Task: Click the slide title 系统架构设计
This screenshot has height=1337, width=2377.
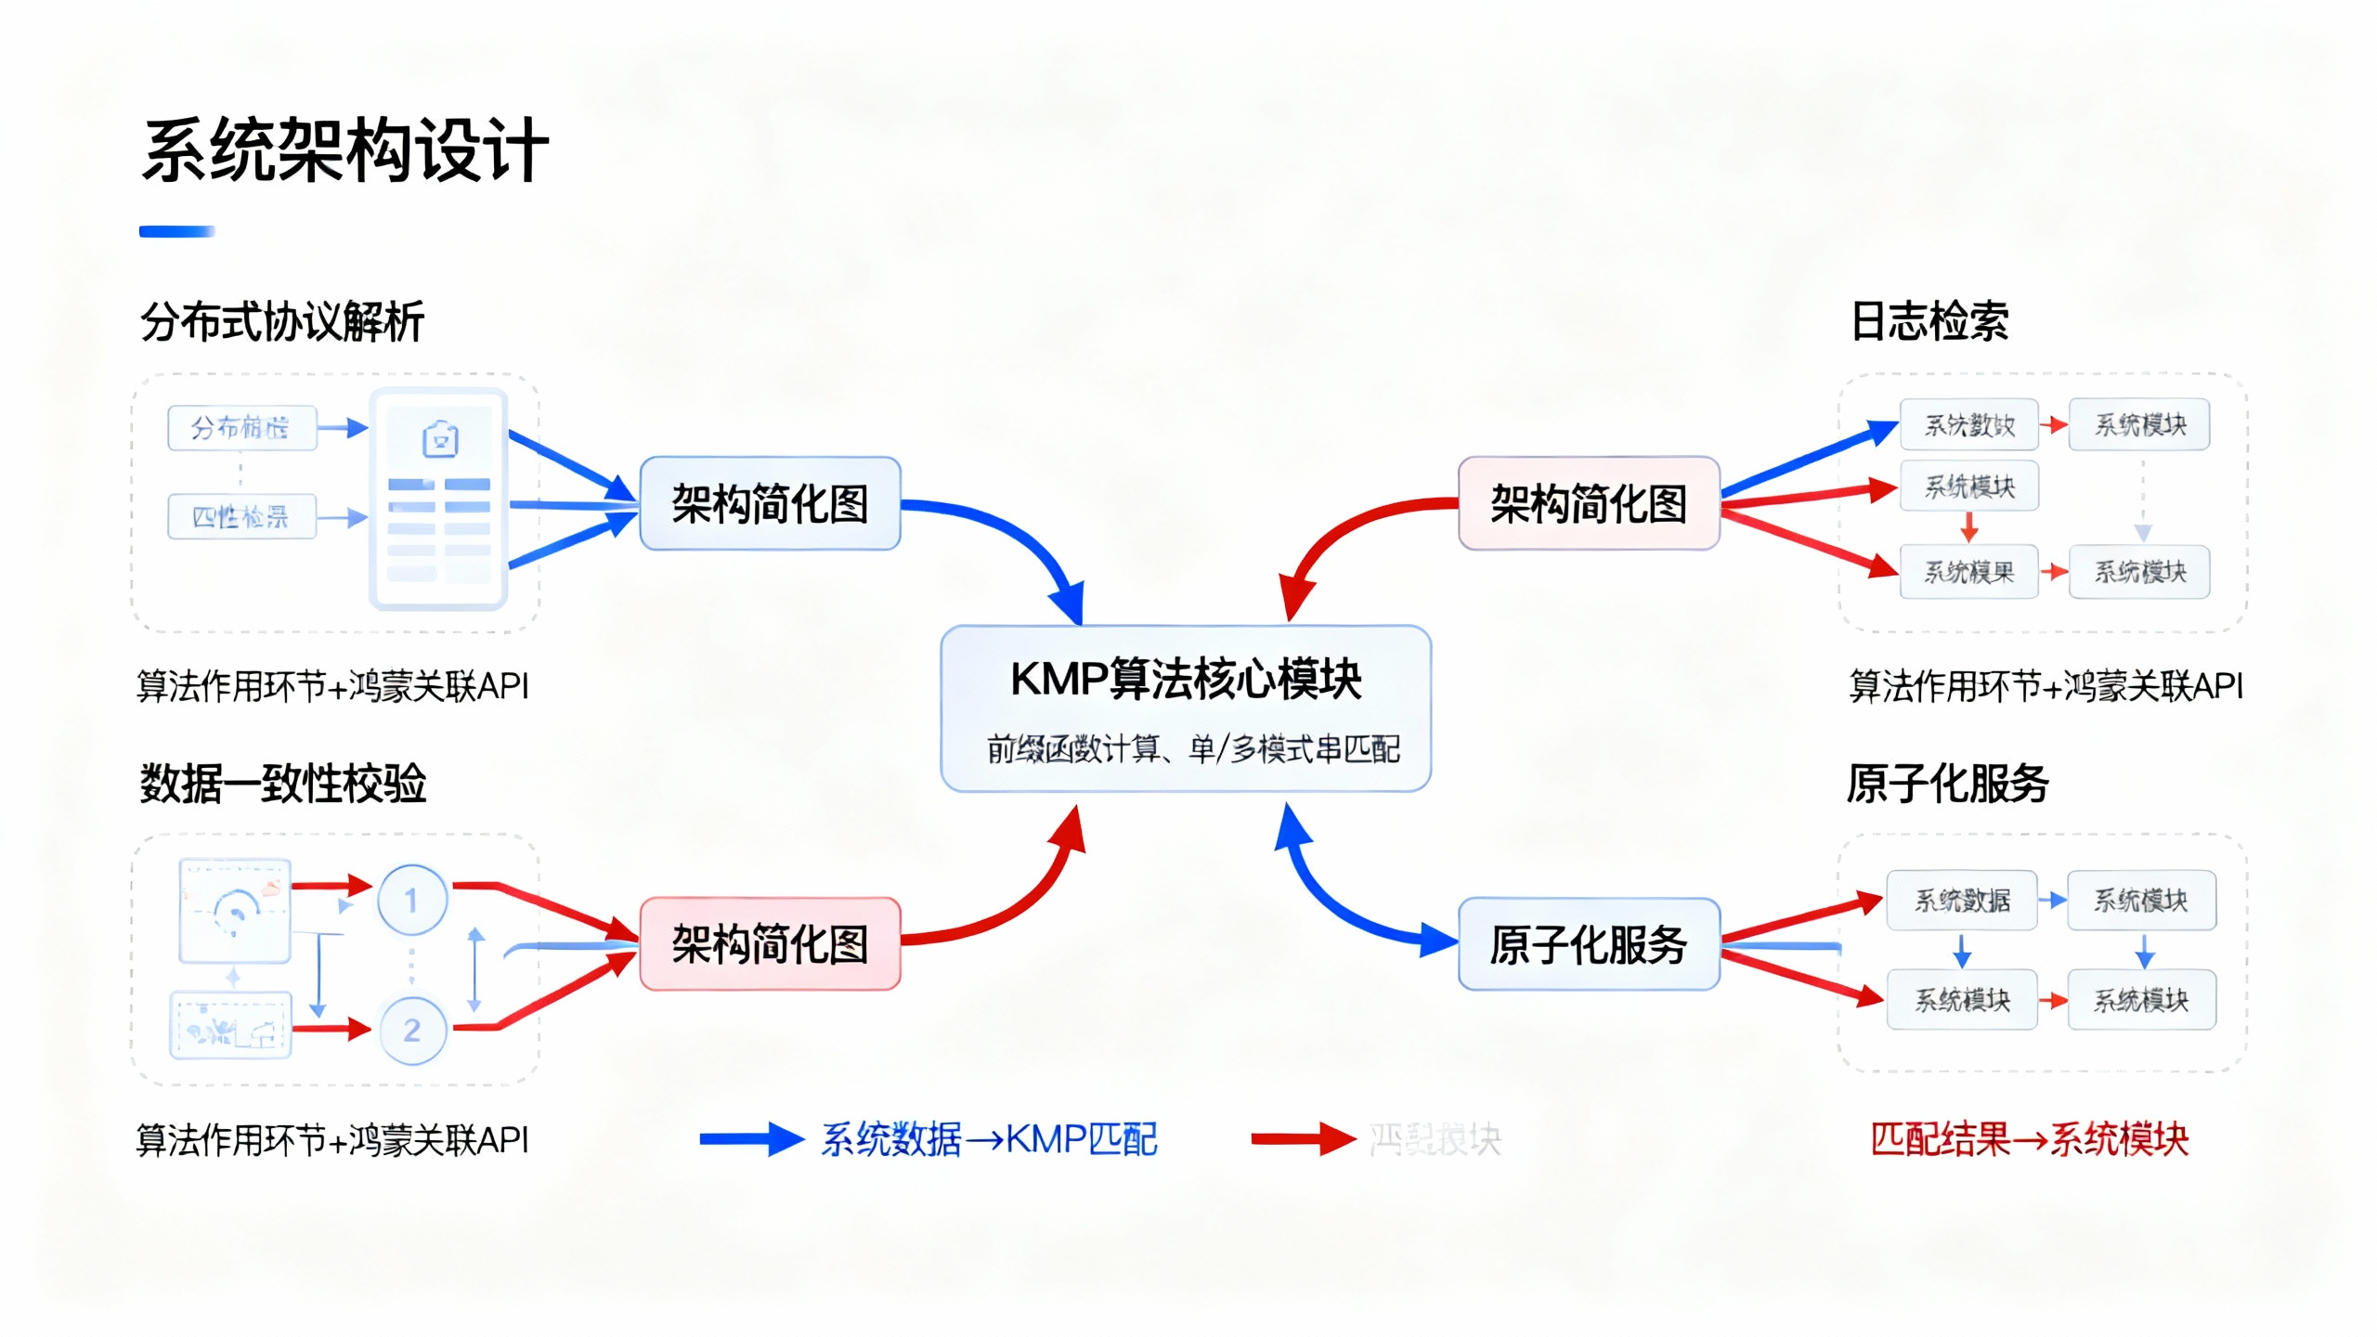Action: [344, 150]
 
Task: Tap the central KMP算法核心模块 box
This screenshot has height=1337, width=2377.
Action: [1185, 707]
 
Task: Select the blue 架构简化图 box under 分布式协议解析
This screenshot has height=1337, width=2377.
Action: [770, 504]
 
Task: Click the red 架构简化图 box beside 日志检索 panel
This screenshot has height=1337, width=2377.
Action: [1588, 504]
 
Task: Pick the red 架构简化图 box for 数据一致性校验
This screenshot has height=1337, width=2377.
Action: [770, 944]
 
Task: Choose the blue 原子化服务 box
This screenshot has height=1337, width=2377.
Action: [1588, 944]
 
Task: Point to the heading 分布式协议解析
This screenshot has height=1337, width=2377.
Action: [282, 322]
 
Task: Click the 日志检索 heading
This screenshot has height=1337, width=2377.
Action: [1929, 322]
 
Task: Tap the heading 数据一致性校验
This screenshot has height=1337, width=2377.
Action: [282, 783]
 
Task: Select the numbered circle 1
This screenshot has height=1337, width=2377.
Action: [411, 899]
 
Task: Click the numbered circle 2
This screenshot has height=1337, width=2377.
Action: [411, 1029]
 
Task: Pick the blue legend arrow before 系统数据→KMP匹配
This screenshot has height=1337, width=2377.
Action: [750, 1139]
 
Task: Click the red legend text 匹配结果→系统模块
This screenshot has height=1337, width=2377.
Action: [2029, 1139]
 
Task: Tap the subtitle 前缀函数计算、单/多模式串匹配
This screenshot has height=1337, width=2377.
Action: [1192, 748]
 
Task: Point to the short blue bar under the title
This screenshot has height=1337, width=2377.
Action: [176, 231]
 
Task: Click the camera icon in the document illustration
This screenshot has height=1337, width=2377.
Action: [440, 439]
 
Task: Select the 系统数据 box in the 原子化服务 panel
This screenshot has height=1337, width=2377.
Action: [1962, 900]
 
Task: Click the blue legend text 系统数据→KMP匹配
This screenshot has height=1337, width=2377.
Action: [989, 1139]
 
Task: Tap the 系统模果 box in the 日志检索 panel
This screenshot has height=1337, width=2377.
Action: [1968, 572]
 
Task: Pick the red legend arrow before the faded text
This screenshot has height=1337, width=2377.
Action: [1302, 1139]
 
